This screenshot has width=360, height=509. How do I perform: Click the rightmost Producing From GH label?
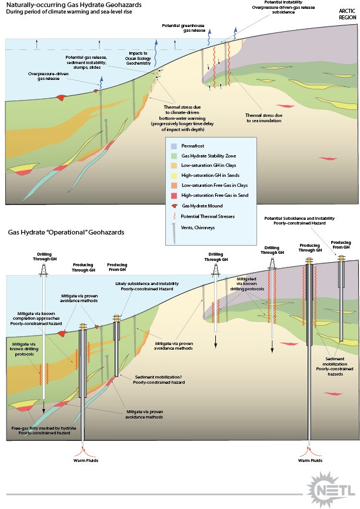pos(341,245)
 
